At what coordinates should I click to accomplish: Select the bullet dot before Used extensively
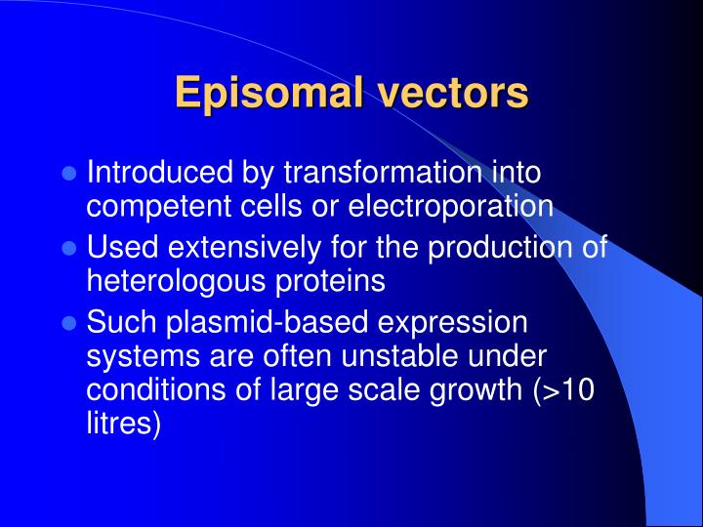tap(68, 249)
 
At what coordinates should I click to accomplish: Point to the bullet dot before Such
tap(68, 322)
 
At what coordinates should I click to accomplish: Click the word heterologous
tap(170, 281)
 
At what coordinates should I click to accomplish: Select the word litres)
tap(123, 423)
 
